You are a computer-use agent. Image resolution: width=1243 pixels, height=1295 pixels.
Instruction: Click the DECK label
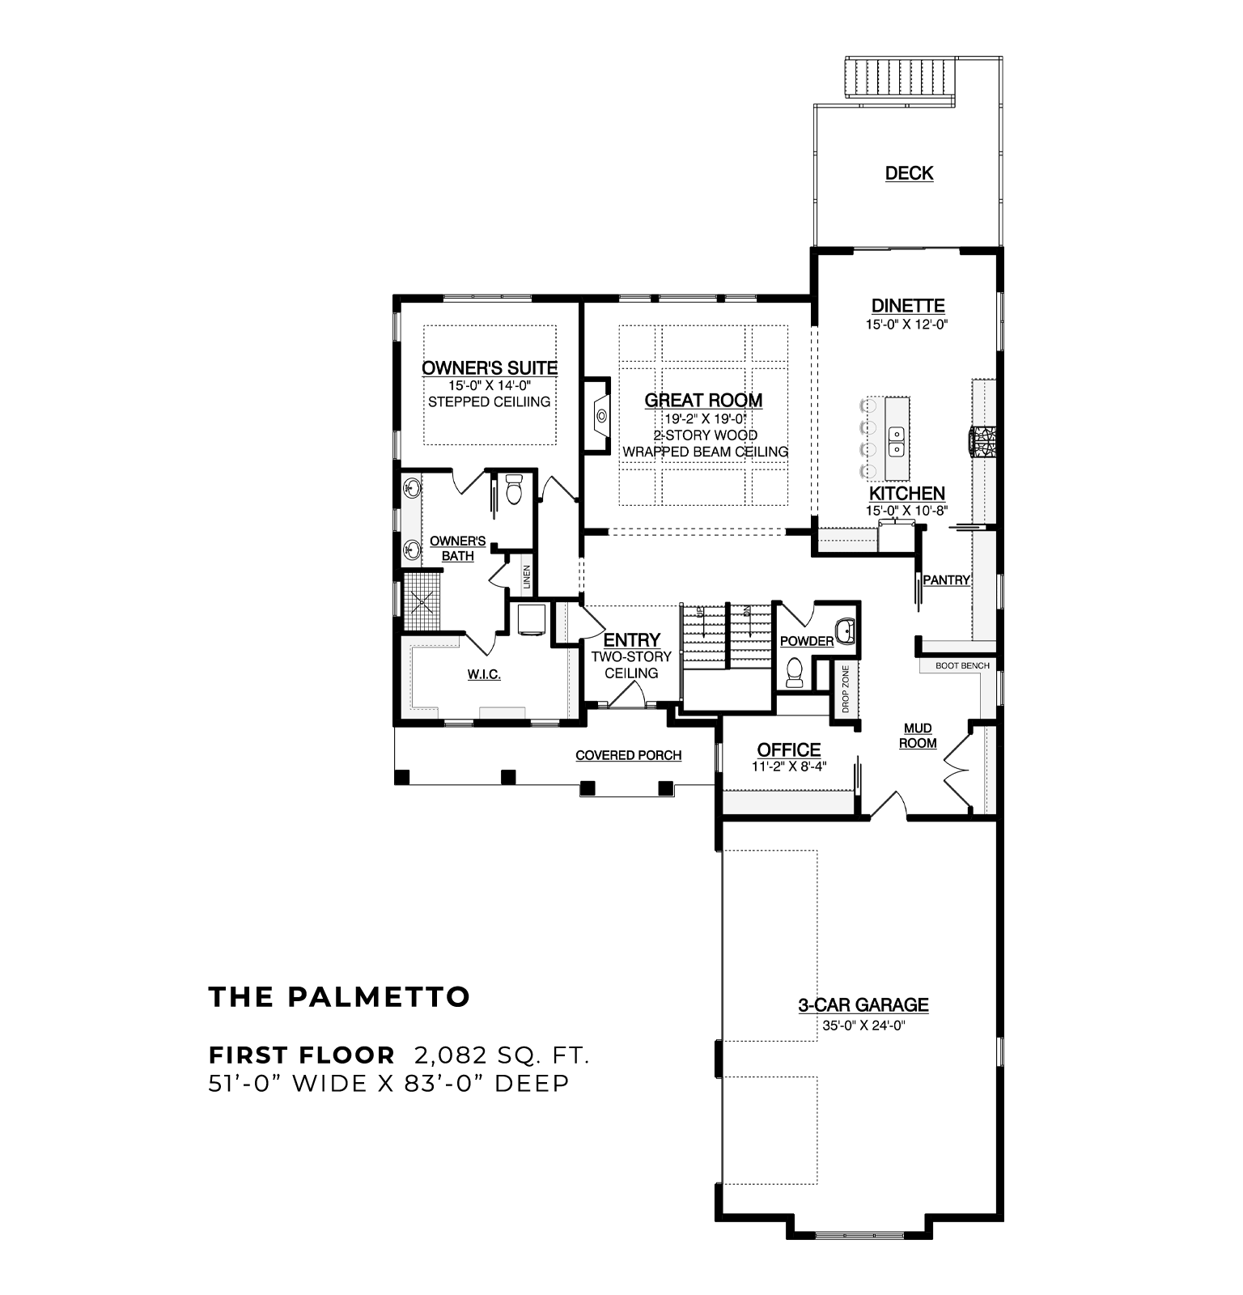pos(909,172)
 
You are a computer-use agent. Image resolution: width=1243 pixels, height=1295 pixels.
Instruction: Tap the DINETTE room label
pos(908,306)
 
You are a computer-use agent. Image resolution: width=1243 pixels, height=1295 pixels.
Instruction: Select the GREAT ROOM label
pos(703,400)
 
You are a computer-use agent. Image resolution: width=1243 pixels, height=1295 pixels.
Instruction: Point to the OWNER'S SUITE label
pos(490,368)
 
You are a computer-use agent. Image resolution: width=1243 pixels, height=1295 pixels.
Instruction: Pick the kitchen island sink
pos(897,440)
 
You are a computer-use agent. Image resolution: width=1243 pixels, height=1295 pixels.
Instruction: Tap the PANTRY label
pos(946,580)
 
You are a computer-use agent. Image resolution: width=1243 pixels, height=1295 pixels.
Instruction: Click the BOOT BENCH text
pos(962,665)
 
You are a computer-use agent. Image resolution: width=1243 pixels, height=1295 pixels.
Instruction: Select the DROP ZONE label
pos(845,689)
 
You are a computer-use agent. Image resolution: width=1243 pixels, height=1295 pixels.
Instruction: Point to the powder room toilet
pos(794,673)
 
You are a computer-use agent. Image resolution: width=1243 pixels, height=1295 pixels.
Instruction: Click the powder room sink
pos(846,631)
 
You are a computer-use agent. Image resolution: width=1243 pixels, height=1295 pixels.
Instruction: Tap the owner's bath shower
pos(422,601)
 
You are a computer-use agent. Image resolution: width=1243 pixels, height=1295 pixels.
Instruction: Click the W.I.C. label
pos(484,674)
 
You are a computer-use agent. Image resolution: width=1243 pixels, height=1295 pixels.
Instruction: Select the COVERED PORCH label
pos(629,755)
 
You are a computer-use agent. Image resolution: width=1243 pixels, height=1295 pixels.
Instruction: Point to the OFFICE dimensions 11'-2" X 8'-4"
pos(789,766)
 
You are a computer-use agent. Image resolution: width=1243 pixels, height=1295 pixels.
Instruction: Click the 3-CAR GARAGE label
pos(863,1005)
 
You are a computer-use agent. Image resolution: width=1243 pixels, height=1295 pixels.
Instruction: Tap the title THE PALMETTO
pos(339,997)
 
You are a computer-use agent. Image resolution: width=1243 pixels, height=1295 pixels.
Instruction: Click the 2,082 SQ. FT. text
pos(502,1055)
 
